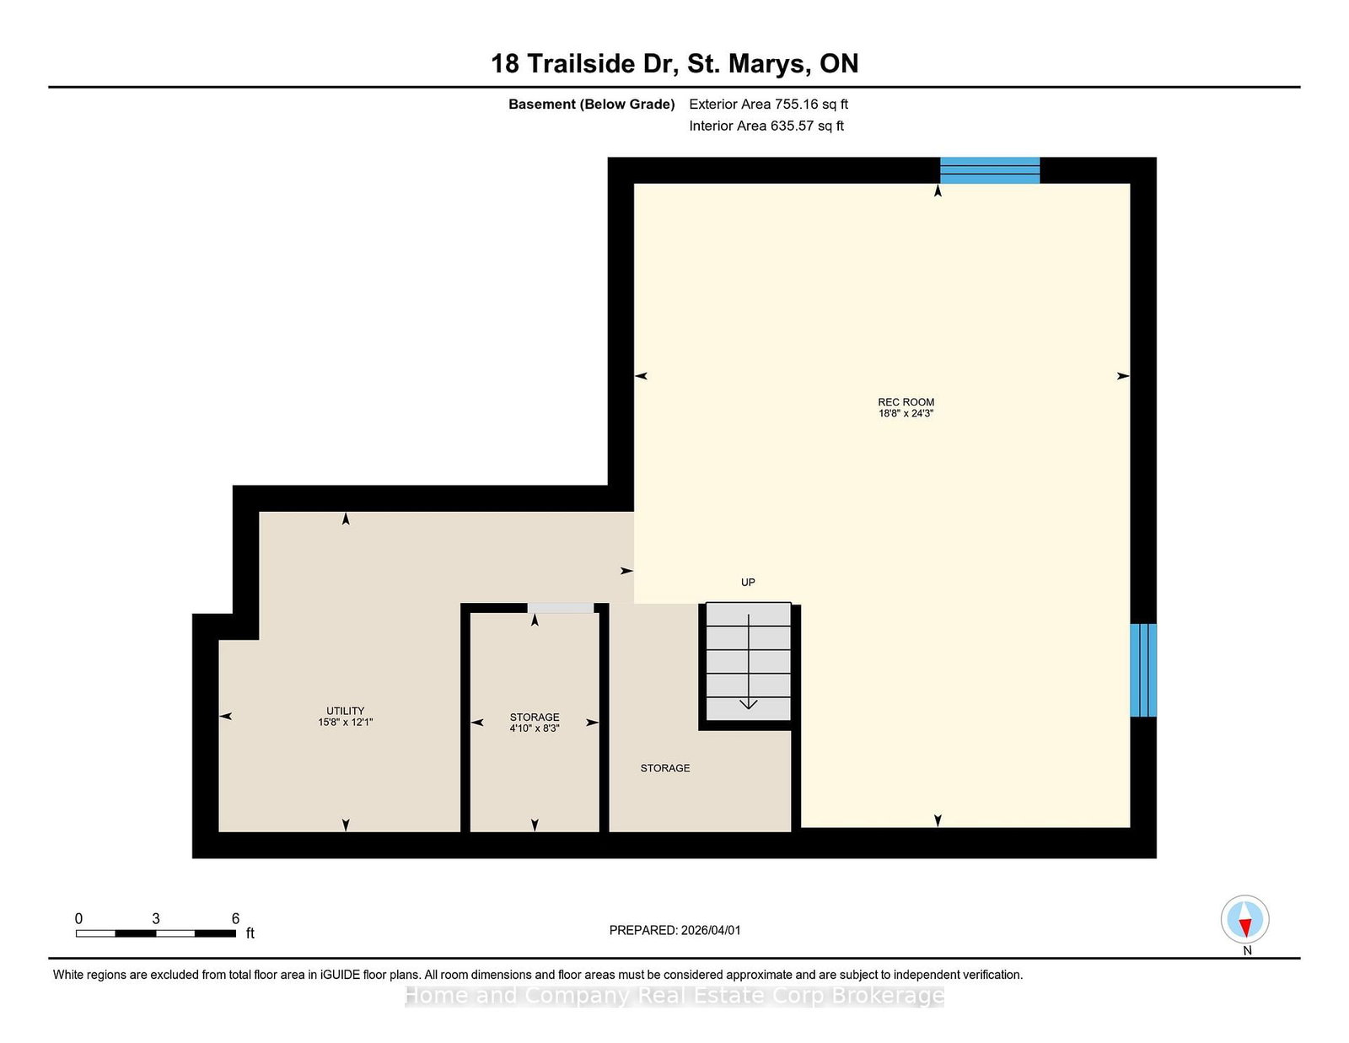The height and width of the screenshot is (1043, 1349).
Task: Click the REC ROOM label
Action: pyautogui.click(x=906, y=402)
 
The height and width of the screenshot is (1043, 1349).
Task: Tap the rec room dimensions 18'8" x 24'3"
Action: pyautogui.click(x=906, y=413)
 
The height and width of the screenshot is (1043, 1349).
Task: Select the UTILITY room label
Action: pyautogui.click(x=345, y=711)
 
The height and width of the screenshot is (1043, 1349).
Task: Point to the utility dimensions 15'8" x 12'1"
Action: pyautogui.click(x=345, y=722)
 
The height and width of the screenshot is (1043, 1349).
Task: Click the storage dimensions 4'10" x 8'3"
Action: pyautogui.click(x=535, y=728)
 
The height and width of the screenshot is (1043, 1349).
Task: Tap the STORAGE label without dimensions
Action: pyautogui.click(x=665, y=769)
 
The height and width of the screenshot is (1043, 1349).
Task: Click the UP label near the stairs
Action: pyautogui.click(x=748, y=583)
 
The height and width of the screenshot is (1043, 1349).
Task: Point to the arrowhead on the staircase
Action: pyautogui.click(x=749, y=705)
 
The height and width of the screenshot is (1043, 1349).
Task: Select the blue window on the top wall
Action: pyautogui.click(x=990, y=170)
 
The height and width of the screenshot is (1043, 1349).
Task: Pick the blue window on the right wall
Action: pyautogui.click(x=1143, y=670)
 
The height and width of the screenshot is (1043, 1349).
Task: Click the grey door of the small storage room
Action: pyautogui.click(x=561, y=609)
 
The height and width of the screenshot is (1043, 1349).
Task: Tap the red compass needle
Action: pyautogui.click(x=1244, y=927)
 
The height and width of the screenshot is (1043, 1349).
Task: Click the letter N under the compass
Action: pyautogui.click(x=1247, y=950)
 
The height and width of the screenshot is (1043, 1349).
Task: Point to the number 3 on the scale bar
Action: pyautogui.click(x=155, y=919)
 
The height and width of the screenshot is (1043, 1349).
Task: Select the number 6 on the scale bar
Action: pyautogui.click(x=235, y=919)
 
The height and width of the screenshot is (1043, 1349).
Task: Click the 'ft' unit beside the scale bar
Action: pyautogui.click(x=250, y=933)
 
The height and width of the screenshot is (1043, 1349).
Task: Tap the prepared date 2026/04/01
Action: pyautogui.click(x=711, y=930)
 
